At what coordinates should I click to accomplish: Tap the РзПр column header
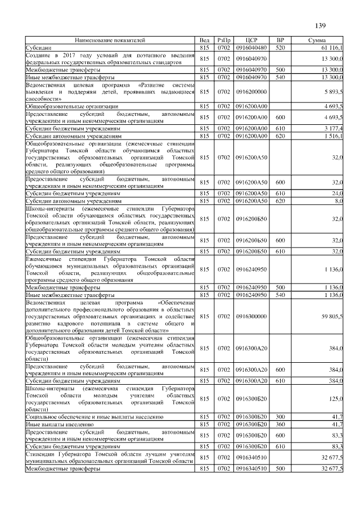[224, 41]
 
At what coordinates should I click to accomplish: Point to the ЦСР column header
[251, 41]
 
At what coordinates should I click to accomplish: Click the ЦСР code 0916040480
[251, 48]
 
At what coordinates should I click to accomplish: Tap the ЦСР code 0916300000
[251, 317]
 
